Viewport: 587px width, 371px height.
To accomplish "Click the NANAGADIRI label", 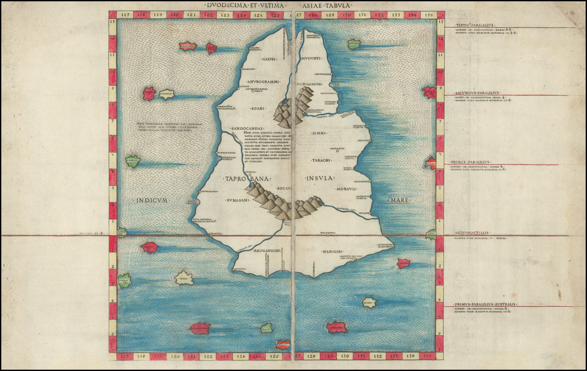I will point(310,85).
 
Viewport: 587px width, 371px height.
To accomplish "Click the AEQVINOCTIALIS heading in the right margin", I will point(472,233).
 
